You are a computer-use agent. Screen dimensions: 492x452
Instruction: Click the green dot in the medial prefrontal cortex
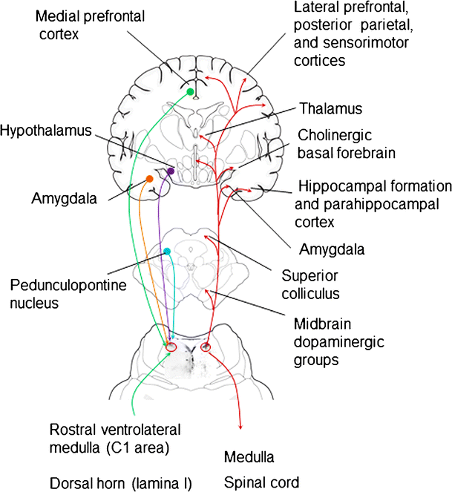click(190, 91)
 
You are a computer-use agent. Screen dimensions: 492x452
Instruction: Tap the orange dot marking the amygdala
click(150, 179)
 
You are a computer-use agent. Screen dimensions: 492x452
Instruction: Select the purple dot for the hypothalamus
click(171, 171)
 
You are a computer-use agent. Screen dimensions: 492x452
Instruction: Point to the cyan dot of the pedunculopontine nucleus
click(168, 252)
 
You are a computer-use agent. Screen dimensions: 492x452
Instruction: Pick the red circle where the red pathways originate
click(206, 347)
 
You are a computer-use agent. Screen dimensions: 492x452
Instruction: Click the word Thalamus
click(330, 109)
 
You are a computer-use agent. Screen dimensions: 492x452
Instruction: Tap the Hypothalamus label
click(46, 131)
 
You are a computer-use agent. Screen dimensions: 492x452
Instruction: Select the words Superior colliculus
click(310, 284)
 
